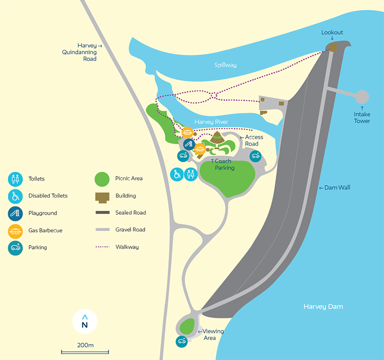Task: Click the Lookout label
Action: point(332,33)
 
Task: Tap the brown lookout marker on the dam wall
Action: point(333,47)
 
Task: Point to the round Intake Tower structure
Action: point(362,97)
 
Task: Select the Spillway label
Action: point(225,65)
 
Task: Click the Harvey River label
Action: point(211,122)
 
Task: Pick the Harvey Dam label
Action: point(323,307)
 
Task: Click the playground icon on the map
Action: point(188,144)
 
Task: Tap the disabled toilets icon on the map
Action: point(177,174)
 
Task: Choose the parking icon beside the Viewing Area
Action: point(181,341)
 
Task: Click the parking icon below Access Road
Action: point(255,156)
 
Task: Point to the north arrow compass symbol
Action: point(85,322)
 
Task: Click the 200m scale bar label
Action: point(85,345)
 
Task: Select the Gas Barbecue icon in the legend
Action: point(15,230)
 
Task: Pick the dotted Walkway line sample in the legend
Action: point(102,247)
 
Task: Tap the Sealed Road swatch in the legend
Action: point(102,213)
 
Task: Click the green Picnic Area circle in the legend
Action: point(102,178)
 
